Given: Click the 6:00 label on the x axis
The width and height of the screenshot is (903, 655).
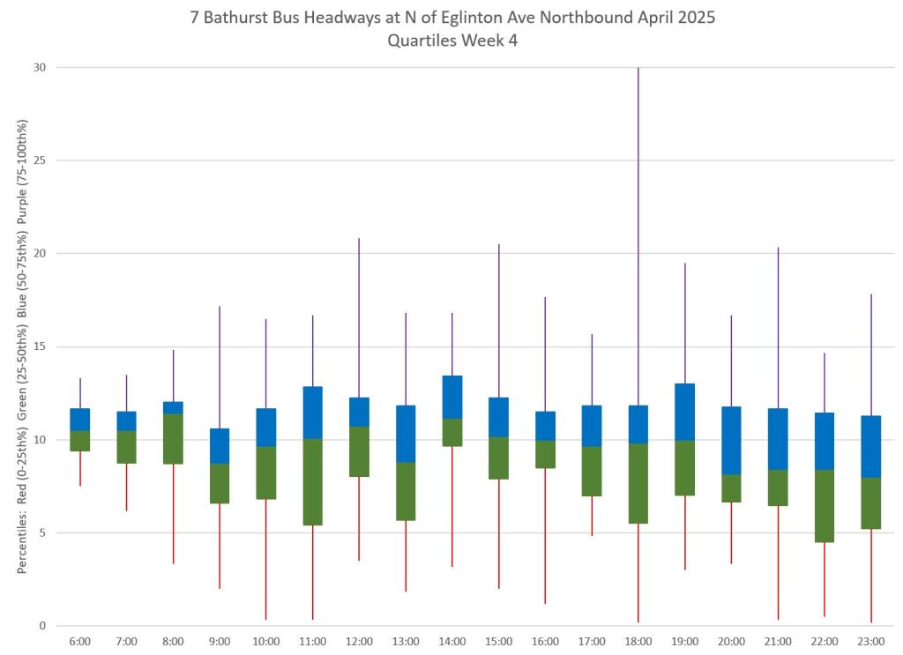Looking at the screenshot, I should pos(80,641).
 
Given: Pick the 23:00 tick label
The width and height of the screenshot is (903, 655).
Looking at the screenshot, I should pos(871,641).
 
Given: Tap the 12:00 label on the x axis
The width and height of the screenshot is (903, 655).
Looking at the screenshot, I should pos(359,641).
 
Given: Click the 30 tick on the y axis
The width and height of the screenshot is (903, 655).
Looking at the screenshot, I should pos(40,68).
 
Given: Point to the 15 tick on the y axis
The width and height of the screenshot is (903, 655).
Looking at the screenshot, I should pos(40,346).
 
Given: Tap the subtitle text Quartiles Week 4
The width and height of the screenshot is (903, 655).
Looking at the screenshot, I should pos(451,41).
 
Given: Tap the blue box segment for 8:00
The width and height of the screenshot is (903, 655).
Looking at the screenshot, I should pos(173,407).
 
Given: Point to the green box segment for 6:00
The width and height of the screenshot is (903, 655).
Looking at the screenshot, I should pos(80,441).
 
